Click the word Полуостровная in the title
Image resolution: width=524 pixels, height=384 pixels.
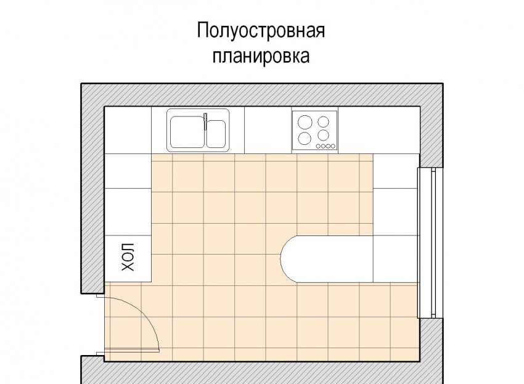click(261, 30)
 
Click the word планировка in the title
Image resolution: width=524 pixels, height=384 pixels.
click(261, 56)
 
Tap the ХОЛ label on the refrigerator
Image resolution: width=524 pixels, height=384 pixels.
click(128, 257)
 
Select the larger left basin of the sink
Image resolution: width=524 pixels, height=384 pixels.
click(187, 132)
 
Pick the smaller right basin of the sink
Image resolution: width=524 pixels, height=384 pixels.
click(216, 134)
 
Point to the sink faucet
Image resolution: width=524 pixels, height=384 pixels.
click(205, 121)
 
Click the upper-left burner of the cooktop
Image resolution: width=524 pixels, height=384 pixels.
click(305, 122)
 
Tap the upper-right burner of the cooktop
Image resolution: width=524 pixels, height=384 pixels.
click(323, 122)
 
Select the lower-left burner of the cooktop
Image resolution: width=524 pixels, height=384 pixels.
click(305, 138)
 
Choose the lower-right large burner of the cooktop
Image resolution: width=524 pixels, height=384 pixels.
click(323, 136)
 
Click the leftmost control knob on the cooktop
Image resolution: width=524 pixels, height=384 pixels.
click(318, 146)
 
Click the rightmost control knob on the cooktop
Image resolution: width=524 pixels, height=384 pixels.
click(333, 146)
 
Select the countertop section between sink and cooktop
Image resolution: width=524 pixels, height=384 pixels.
click(268, 130)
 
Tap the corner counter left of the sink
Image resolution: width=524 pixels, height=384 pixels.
click(128, 130)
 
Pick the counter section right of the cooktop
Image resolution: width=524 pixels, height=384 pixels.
click(379, 130)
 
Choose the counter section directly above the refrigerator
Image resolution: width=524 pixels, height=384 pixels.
click(128, 212)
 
